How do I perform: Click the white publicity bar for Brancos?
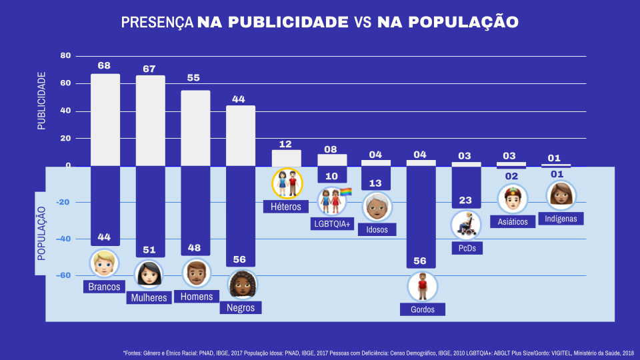coord(105,120)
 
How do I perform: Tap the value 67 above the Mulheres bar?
coord(149,69)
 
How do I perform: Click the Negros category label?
coord(241,307)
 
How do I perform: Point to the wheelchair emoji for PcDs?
coord(465,225)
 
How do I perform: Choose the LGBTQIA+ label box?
coord(332,223)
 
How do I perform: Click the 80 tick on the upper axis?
coord(65,55)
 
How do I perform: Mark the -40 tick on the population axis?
coord(61,239)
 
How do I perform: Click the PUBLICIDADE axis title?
coord(41,101)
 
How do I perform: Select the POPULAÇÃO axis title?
coord(41,233)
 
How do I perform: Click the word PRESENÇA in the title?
coord(157,22)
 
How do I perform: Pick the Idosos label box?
coord(377,229)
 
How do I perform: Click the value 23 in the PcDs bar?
coord(465,200)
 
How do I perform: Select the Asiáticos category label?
coord(513,221)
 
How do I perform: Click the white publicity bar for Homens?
coord(195,128)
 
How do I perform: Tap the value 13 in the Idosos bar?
coord(376,183)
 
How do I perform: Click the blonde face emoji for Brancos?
coord(105,263)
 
